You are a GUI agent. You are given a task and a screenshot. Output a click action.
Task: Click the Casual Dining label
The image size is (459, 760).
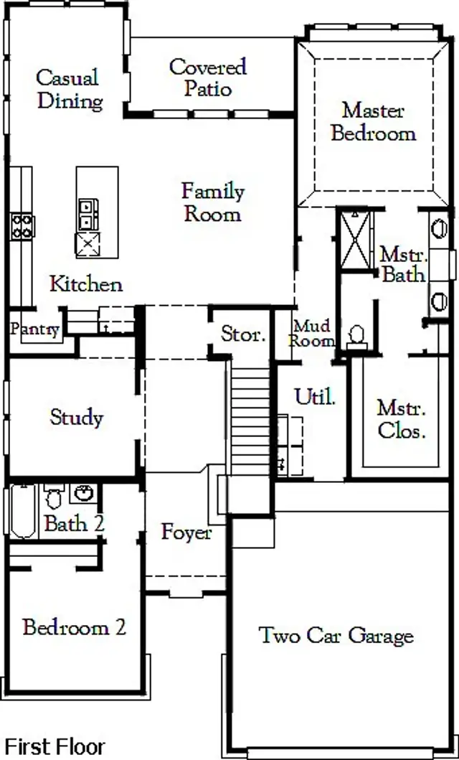[x=68, y=89]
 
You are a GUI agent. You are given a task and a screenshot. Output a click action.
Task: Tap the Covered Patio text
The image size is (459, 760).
[x=208, y=78]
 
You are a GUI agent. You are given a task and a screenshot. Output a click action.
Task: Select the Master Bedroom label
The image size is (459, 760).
[x=373, y=121]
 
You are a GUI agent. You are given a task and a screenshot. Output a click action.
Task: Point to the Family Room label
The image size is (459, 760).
[x=212, y=202]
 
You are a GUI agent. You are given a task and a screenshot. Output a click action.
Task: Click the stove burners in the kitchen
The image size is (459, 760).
[x=21, y=226]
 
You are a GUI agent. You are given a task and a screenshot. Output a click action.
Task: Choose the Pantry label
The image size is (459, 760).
[x=34, y=329]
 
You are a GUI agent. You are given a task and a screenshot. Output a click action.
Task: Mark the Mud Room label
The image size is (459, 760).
[x=312, y=334]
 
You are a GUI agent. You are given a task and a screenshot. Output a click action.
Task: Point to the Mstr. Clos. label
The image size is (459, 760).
[x=402, y=419]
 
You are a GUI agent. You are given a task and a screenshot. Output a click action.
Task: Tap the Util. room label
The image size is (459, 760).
[x=316, y=397]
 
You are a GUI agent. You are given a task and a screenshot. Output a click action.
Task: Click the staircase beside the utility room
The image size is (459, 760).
[x=250, y=416]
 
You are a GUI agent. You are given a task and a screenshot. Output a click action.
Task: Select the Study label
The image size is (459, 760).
[x=77, y=417]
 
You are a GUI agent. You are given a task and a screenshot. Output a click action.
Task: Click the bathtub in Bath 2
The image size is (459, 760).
[x=22, y=512]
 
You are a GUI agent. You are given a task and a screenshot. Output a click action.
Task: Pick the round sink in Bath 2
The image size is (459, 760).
[x=84, y=494]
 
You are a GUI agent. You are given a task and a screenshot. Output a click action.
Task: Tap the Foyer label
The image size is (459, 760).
[x=186, y=533]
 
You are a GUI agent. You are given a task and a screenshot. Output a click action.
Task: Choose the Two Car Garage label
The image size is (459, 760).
[x=336, y=635]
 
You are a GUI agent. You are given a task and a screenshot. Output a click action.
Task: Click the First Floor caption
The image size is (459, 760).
[x=55, y=746]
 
